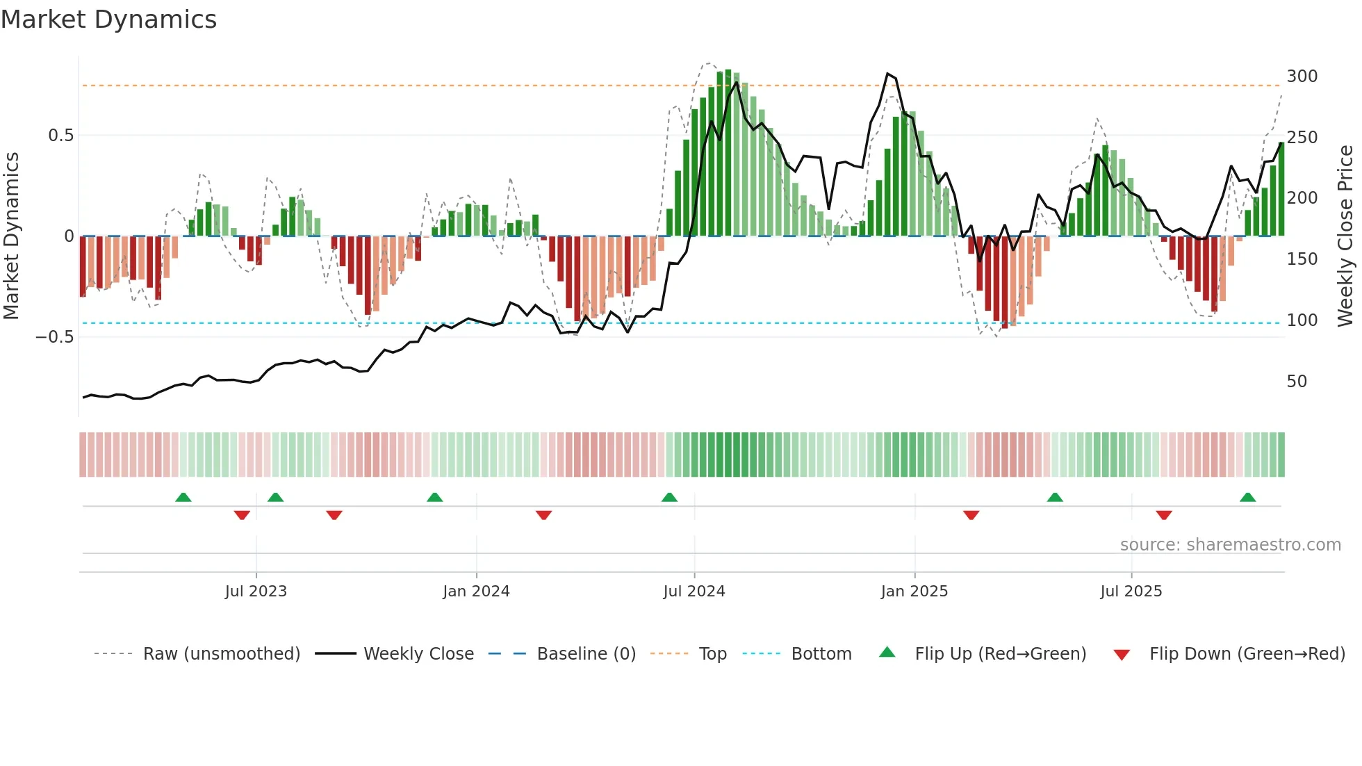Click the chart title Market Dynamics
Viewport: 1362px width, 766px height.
[109, 19]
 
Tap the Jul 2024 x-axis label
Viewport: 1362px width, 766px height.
[694, 592]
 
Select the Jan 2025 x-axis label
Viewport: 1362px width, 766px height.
[914, 592]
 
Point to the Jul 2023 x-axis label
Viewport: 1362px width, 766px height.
[256, 592]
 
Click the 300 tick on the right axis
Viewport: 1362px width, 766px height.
[1302, 76]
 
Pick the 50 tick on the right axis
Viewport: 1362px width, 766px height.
[1297, 382]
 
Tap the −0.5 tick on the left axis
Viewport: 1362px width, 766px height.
[55, 337]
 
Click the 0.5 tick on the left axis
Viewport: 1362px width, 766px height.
[60, 136]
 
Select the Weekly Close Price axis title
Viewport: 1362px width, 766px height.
[1345, 236]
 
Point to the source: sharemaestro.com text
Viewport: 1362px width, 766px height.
[1230, 545]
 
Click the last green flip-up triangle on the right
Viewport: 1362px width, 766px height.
[1247, 498]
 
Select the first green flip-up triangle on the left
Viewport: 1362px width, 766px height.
[183, 498]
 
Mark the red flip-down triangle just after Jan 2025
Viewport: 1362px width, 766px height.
[971, 515]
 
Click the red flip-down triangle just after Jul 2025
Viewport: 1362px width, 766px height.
[1164, 515]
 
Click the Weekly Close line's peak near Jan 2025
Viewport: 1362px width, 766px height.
[887, 74]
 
